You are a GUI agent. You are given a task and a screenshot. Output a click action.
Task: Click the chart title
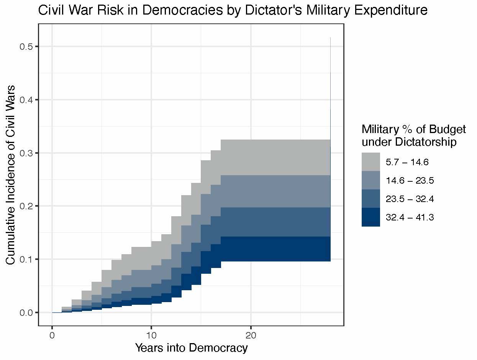233,10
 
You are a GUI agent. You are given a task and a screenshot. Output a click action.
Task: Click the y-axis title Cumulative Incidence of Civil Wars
11,174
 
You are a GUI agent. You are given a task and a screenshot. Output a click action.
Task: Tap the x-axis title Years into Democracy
191,348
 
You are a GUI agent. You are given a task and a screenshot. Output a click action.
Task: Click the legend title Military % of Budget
414,130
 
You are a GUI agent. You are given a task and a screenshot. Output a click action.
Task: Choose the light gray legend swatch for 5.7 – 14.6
370,162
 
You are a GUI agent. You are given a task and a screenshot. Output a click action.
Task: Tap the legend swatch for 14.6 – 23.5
370,180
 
